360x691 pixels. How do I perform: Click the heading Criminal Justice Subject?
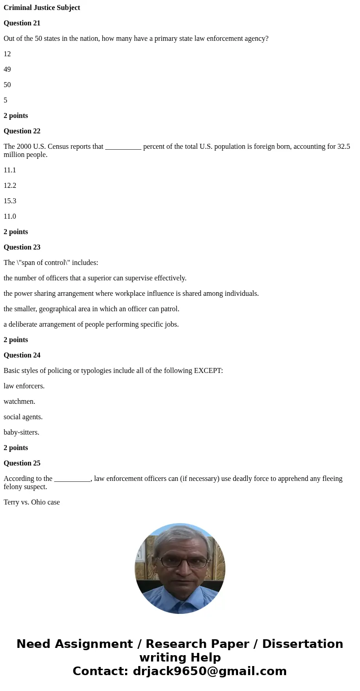(42, 8)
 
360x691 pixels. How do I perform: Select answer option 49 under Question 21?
(7, 69)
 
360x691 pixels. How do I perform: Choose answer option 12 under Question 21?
(7, 54)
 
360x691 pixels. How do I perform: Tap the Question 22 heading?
(22, 131)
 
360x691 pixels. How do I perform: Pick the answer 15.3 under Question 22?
(10, 201)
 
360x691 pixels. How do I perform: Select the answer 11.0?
(10, 216)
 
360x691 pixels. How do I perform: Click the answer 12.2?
(10, 186)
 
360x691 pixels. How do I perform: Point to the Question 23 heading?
(22, 247)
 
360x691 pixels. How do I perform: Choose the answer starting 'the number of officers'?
(95, 278)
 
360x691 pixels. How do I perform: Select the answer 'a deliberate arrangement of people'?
(91, 324)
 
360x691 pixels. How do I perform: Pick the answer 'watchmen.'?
(19, 402)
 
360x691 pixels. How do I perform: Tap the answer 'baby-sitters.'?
(21, 432)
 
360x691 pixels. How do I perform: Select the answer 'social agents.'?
(23, 417)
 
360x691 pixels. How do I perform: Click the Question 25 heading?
(22, 463)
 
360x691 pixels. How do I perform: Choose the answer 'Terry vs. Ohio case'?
(32, 502)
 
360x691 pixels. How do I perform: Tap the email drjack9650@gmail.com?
(209, 671)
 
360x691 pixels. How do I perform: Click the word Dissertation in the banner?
(302, 644)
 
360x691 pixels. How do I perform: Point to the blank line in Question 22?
(123, 147)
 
